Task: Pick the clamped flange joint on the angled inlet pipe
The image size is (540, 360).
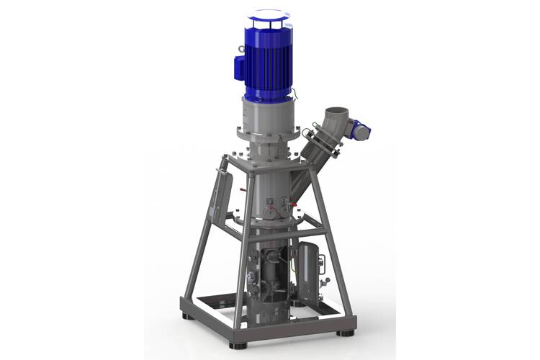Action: coord(317,143)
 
